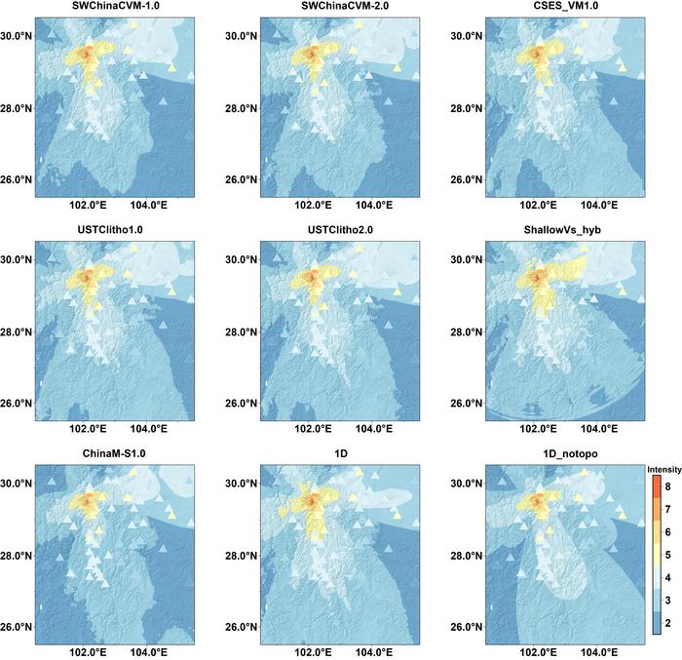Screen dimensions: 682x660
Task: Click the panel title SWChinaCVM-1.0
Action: click(x=115, y=6)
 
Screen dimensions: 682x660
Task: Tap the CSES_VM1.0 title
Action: click(x=566, y=6)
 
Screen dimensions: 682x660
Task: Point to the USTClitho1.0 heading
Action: click(x=110, y=229)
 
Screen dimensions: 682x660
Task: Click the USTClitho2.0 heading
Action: click(x=340, y=229)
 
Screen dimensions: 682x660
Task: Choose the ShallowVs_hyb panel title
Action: click(x=562, y=229)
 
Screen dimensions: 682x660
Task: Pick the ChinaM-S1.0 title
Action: click(x=114, y=453)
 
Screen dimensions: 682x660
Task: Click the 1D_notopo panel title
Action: click(x=570, y=453)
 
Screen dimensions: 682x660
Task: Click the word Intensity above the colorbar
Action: click(x=664, y=469)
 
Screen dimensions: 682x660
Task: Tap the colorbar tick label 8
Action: click(x=667, y=486)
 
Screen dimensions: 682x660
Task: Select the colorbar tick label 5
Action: click(x=667, y=555)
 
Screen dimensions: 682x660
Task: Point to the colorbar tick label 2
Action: click(x=667, y=623)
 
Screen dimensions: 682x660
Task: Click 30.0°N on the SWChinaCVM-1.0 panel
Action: click(x=16, y=36)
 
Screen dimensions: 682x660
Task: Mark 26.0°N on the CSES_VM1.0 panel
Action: click(x=467, y=179)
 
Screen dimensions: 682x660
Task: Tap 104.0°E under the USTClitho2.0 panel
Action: click(x=374, y=429)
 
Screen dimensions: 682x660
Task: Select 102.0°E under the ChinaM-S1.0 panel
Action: click(x=88, y=652)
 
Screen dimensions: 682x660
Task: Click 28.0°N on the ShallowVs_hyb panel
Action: click(x=467, y=332)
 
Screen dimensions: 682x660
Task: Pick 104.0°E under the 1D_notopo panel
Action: click(x=599, y=652)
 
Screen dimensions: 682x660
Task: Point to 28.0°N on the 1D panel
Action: click(x=241, y=556)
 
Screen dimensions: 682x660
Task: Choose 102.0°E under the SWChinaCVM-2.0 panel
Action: click(x=313, y=205)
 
